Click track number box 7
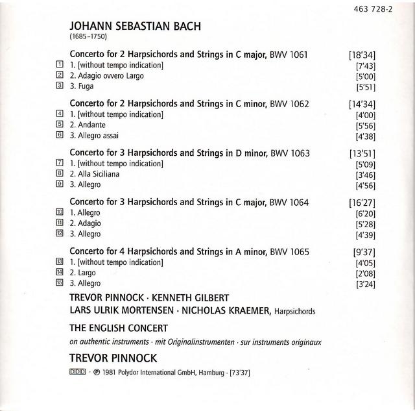pyautogui.click(x=59, y=164)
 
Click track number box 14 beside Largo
pyautogui.click(x=59, y=273)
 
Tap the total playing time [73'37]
pyautogui.click(x=248, y=373)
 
